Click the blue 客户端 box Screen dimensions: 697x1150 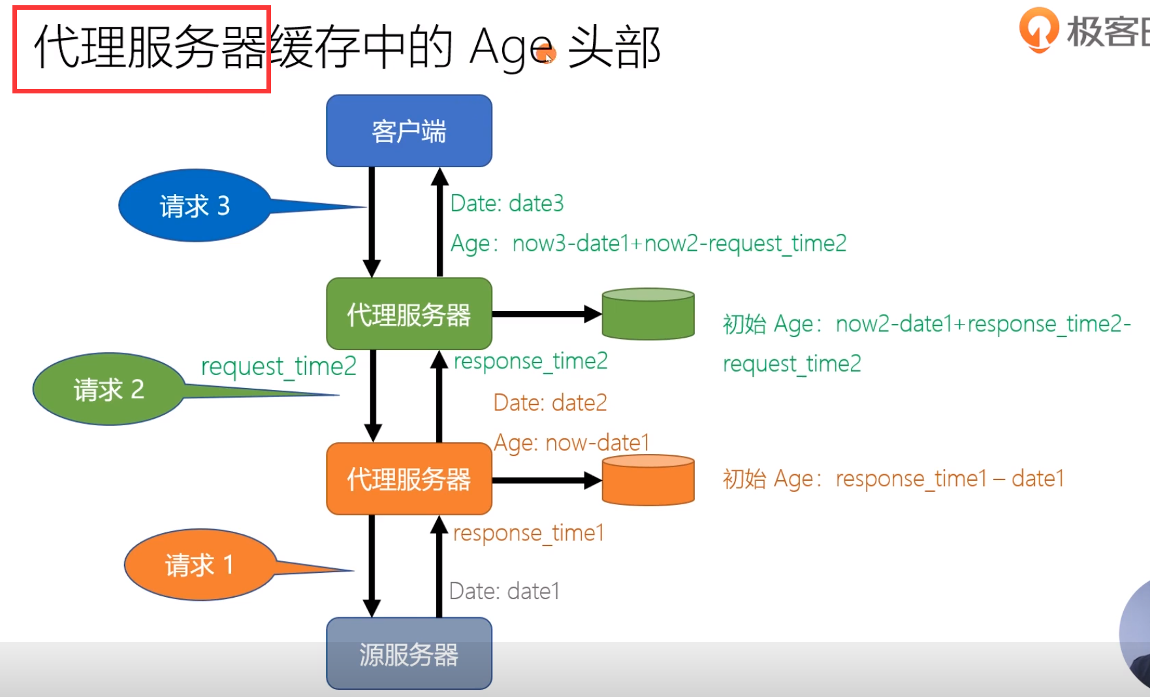tap(409, 131)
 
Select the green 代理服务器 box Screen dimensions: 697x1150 tap(409, 314)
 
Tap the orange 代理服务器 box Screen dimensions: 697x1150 tap(409, 479)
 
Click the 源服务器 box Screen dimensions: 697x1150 tap(409, 654)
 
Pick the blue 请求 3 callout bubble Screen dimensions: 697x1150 tap(195, 206)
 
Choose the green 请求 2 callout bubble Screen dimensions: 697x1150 tap(109, 389)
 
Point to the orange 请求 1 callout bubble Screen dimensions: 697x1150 tap(199, 564)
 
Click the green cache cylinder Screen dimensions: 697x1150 tap(648, 314)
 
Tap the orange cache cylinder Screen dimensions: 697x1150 tap(648, 480)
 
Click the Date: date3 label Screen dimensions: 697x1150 tap(507, 204)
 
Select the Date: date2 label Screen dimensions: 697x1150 tap(550, 402)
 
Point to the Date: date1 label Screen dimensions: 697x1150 tap(504, 591)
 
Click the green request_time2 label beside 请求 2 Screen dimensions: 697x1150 tap(278, 366)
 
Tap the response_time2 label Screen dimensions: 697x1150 tap(530, 361)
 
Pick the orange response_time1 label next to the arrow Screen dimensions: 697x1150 tap(528, 533)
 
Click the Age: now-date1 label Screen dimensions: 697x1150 tap(571, 443)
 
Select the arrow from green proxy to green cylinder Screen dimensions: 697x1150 tap(546, 314)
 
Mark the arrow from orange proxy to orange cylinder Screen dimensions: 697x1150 tap(546, 481)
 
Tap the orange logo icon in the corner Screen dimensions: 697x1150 tap(1038, 29)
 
